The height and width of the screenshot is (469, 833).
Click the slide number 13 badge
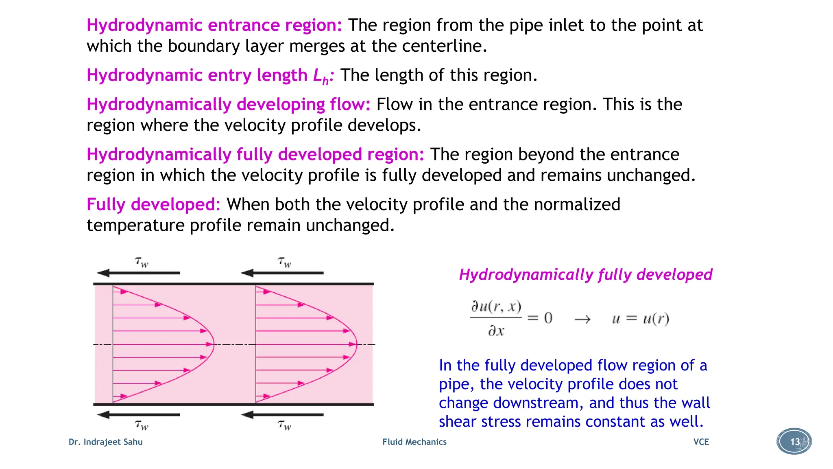point(794,441)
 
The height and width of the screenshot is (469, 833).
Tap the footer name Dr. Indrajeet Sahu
point(106,442)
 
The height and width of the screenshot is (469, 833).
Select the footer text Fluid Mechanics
point(414,442)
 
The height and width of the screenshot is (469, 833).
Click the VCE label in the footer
point(701,442)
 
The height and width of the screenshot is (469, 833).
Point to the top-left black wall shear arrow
point(138,273)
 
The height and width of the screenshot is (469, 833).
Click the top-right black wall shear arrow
point(282,273)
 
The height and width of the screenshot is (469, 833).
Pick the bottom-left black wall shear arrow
point(138,414)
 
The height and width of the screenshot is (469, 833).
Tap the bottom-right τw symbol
point(285,425)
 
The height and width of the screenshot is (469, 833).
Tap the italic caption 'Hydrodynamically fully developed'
point(585,274)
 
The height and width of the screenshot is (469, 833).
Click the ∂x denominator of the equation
point(496,331)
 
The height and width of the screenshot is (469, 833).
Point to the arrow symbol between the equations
point(582,319)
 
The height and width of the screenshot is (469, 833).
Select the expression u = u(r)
point(640,318)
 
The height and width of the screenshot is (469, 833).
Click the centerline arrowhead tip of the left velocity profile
point(212,344)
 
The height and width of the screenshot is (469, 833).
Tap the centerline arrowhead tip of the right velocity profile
point(355,344)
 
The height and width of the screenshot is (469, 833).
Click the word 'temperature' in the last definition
point(135,226)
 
